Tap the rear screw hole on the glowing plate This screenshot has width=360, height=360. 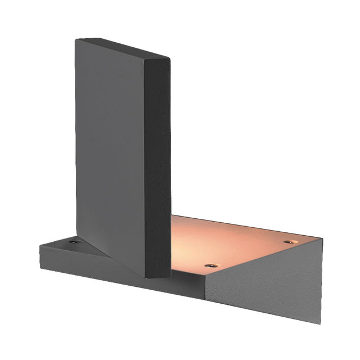click(290, 241)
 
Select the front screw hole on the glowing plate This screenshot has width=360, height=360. click(211, 264)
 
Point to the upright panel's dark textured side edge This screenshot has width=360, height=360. click(158, 169)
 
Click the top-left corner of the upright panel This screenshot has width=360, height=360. click(76, 39)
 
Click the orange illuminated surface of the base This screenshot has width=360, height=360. click(236, 242)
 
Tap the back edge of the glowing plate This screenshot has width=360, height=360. click(247, 224)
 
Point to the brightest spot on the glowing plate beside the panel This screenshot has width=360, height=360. click(186, 247)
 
